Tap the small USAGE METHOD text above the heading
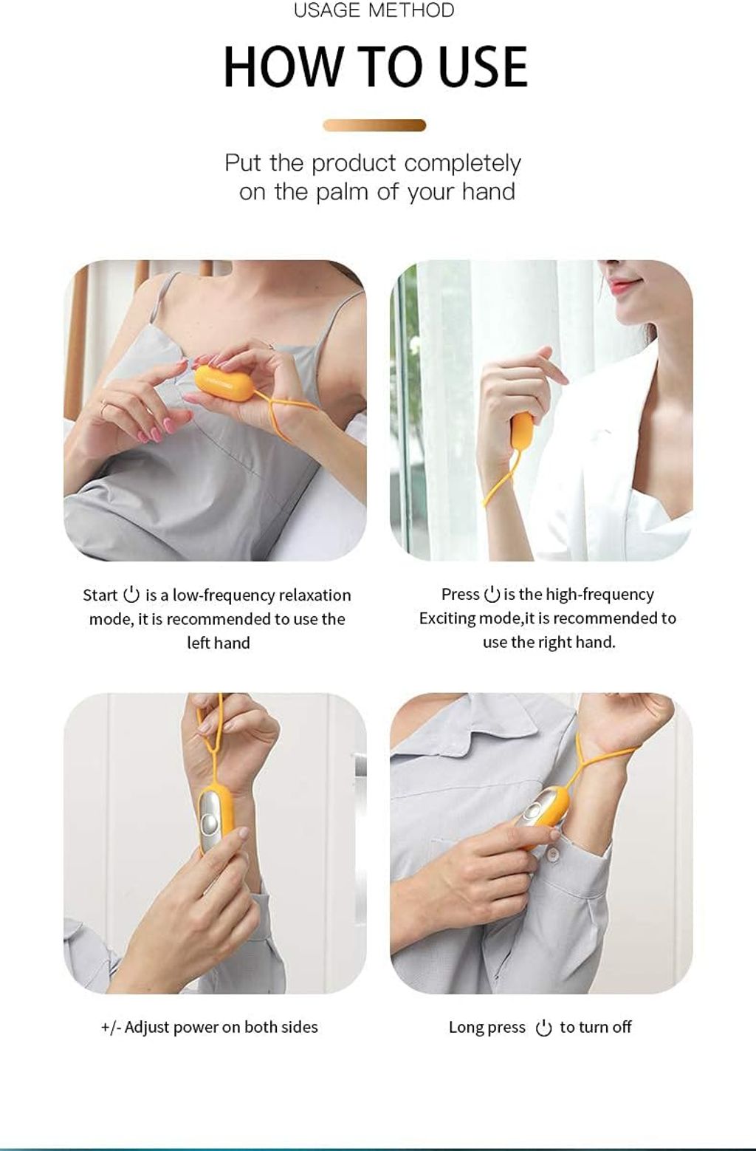tap(374, 10)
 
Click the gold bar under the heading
tap(374, 126)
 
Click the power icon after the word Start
tap(131, 594)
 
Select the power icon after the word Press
tap(492, 593)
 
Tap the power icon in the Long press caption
tap(543, 1028)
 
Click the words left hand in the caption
tap(219, 643)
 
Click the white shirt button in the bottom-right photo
tap(553, 855)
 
